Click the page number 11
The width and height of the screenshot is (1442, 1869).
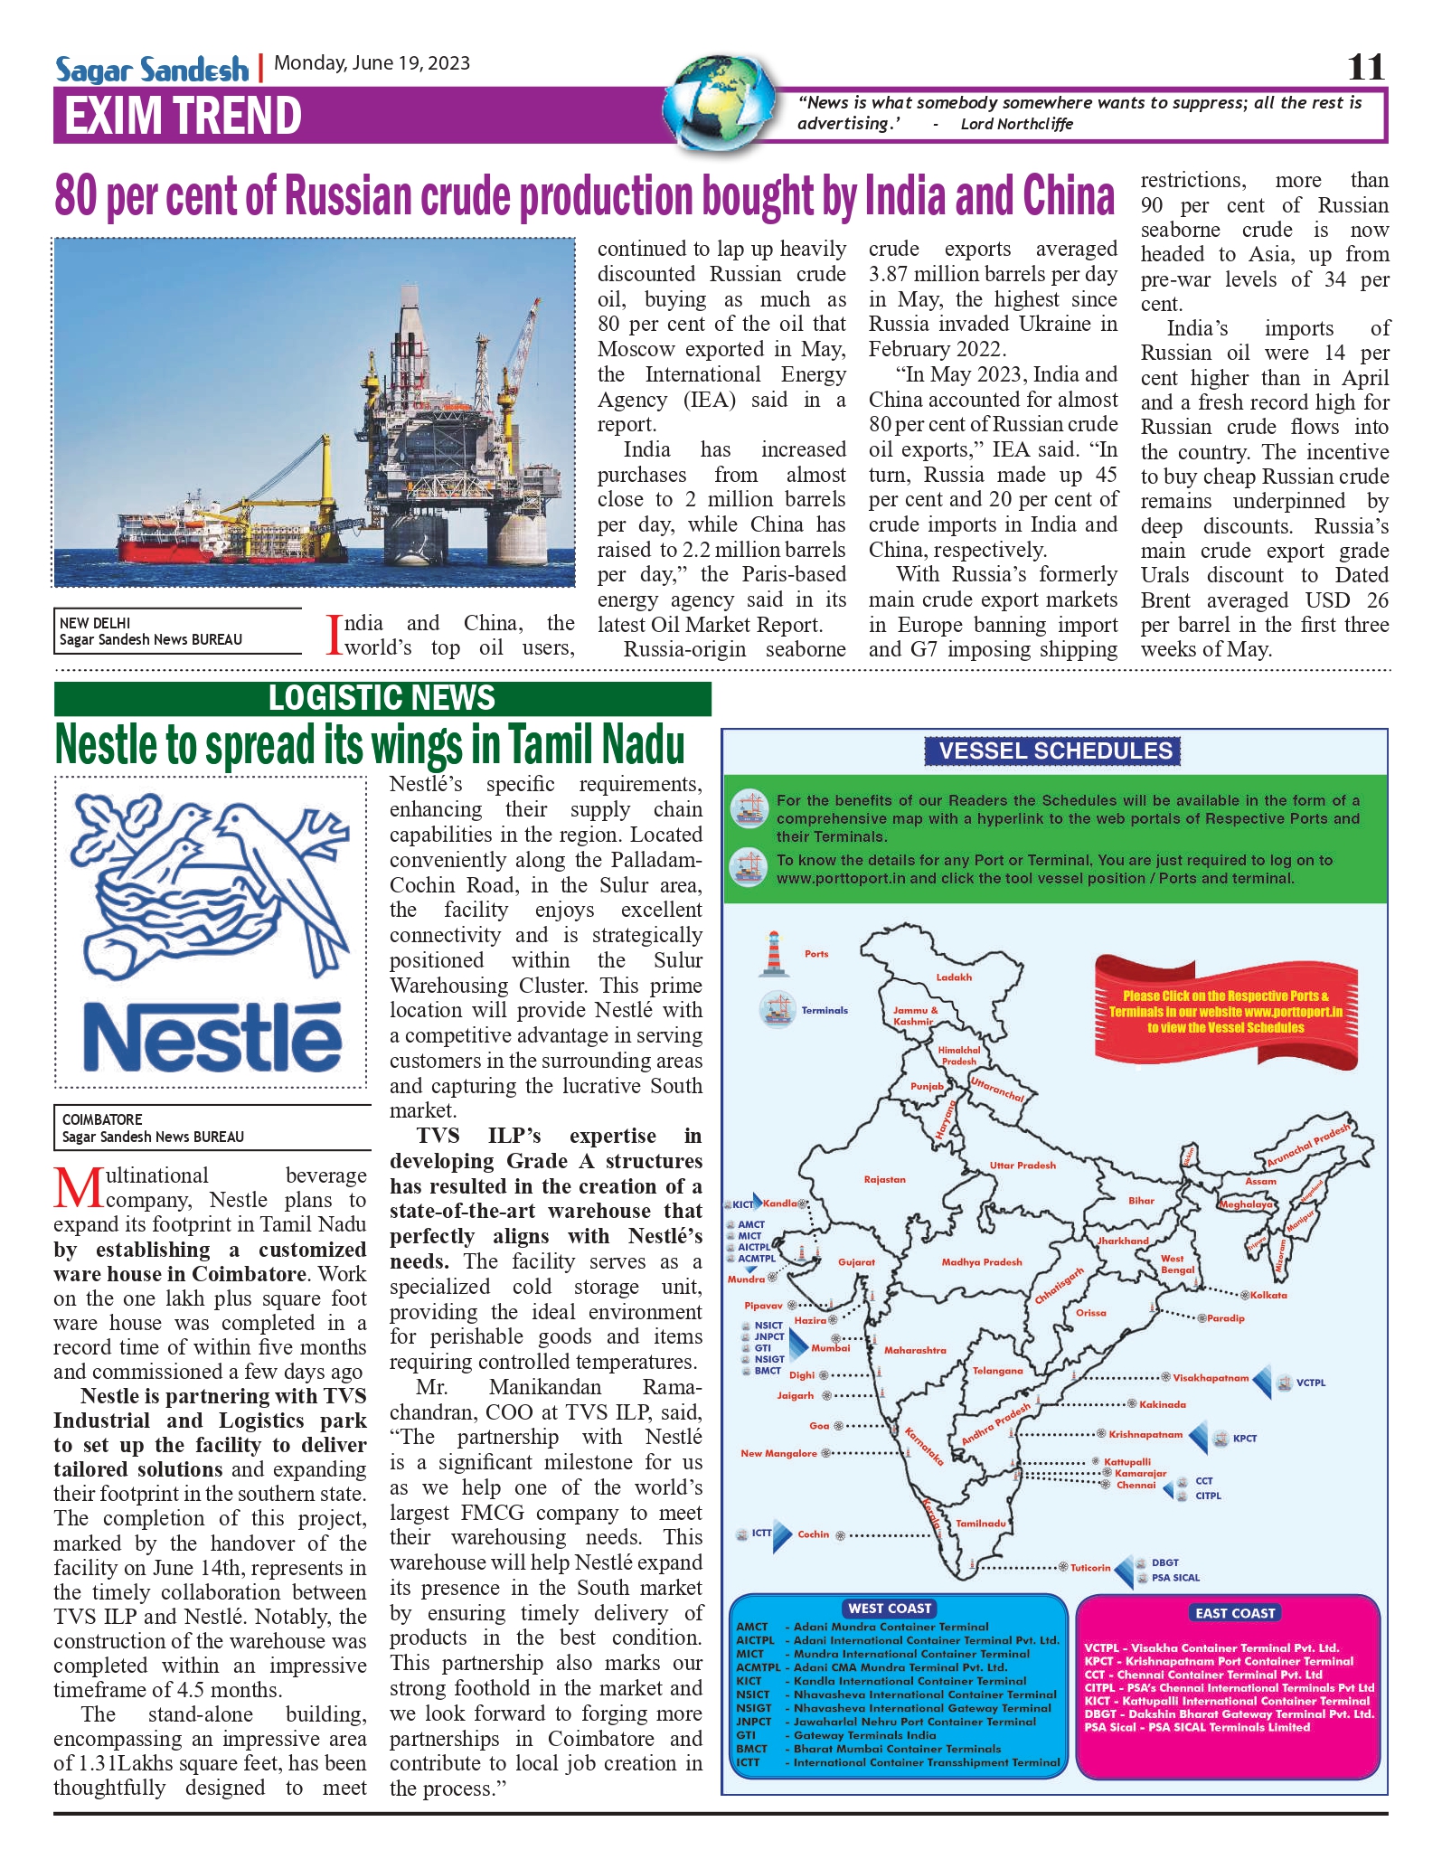[x=1365, y=67]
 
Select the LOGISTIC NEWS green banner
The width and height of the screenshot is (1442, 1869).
[x=382, y=698]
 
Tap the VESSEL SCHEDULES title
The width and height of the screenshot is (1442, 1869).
[x=1054, y=750]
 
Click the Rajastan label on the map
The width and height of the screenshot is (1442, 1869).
[x=884, y=1180]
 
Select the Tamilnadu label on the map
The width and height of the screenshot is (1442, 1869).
[x=981, y=1524]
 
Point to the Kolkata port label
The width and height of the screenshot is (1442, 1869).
[x=1268, y=1296]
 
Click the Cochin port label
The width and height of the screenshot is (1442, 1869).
[x=813, y=1534]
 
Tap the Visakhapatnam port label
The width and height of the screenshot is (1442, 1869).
[x=1211, y=1378]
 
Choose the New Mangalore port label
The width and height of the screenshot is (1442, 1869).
[x=778, y=1454]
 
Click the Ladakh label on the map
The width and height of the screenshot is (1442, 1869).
[x=954, y=977]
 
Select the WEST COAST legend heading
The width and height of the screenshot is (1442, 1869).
[x=890, y=1609]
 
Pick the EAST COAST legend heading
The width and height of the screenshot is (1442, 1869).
[x=1235, y=1613]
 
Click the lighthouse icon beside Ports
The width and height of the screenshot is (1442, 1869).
[x=773, y=955]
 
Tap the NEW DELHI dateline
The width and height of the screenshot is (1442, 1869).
[x=95, y=623]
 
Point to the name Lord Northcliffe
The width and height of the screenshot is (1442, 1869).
[x=1016, y=124]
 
